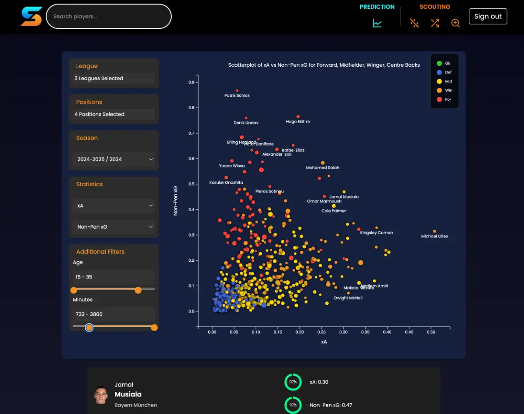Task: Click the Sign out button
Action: coord(488,16)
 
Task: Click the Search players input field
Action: coord(109,17)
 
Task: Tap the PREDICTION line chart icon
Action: coord(377,23)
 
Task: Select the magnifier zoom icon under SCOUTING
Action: coord(455,23)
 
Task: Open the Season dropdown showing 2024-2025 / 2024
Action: coord(114,159)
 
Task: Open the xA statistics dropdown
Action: coord(114,205)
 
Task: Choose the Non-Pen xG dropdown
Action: coord(114,227)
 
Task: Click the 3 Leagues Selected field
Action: coord(114,79)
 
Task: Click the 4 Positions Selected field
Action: coord(114,114)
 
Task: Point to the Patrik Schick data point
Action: coord(237,91)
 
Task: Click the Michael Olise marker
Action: coord(434,231)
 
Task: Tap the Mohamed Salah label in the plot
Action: coord(322,168)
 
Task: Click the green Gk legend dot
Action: coord(439,63)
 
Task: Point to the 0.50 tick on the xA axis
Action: coord(431,332)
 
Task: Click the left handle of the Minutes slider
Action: coord(89,327)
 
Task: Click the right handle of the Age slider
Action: coord(138,290)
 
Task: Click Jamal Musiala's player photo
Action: coord(101,394)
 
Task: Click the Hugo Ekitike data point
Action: coord(298,116)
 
